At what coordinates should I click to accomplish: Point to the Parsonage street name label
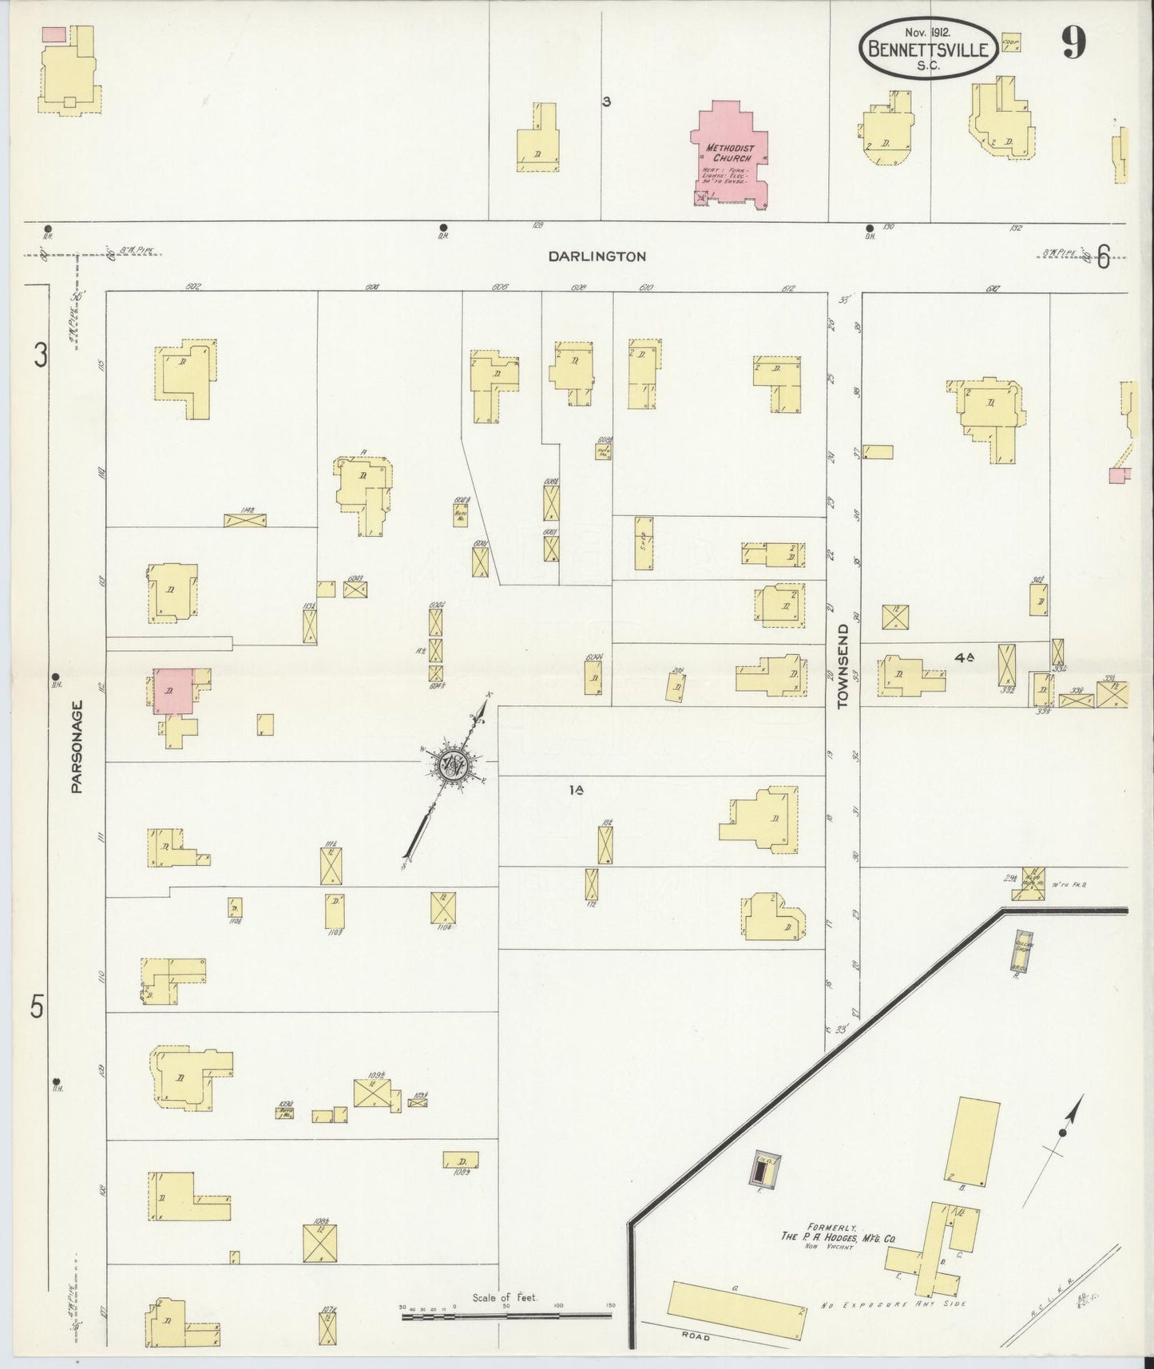77,747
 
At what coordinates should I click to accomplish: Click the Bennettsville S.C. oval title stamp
928,50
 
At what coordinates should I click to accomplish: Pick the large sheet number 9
1073,44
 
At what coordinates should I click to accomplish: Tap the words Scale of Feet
505,1297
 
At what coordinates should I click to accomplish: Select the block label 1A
577,790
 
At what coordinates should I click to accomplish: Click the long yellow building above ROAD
737,1311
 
